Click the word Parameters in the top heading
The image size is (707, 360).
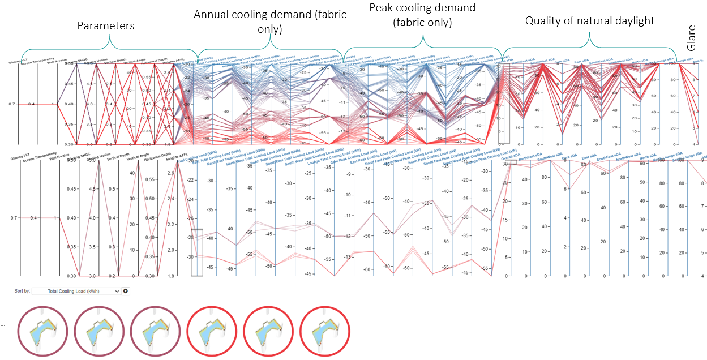[x=106, y=25]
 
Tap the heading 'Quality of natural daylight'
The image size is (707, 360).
[x=589, y=21]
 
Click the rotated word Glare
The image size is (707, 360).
[x=691, y=41]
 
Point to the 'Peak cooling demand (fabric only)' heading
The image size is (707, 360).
[x=422, y=15]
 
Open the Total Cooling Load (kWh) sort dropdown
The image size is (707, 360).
[x=76, y=291]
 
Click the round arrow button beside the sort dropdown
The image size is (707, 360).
[x=126, y=291]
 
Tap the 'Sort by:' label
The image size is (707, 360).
[x=22, y=291]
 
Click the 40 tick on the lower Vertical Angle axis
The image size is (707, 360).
[x=132, y=199]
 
